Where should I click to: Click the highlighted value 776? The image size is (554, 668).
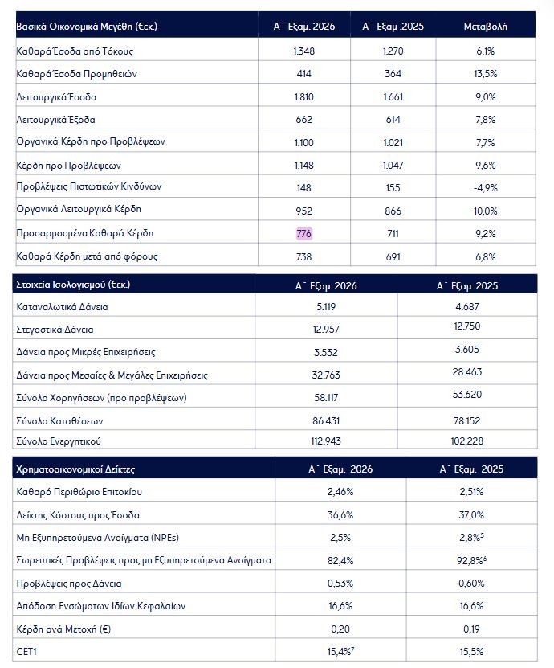[303, 233]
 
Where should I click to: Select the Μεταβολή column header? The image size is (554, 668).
[485, 27]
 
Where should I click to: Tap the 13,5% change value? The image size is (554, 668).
[485, 74]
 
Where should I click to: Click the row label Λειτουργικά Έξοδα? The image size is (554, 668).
[55, 120]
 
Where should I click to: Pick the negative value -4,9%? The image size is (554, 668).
[485, 188]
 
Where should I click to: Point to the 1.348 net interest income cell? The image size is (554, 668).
[303, 51]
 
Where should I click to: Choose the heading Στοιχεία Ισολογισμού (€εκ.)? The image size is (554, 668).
[73, 284]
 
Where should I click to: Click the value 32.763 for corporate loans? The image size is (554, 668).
[326, 375]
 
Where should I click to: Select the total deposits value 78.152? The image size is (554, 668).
[466, 421]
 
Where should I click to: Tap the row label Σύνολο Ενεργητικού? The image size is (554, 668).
[59, 441]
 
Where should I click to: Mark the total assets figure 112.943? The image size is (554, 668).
[326, 441]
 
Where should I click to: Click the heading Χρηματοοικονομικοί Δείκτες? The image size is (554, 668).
[75, 469]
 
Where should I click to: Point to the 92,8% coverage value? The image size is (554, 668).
[471, 560]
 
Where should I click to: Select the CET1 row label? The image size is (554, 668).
[26, 652]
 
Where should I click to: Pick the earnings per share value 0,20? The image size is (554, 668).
[340, 629]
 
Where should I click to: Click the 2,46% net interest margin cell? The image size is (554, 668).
[340, 492]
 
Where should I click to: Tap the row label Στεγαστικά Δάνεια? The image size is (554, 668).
[55, 330]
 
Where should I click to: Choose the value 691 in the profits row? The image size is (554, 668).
[393, 257]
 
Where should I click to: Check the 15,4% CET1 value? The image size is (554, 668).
[340, 652]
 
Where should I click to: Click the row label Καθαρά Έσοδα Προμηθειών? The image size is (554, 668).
[76, 74]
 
